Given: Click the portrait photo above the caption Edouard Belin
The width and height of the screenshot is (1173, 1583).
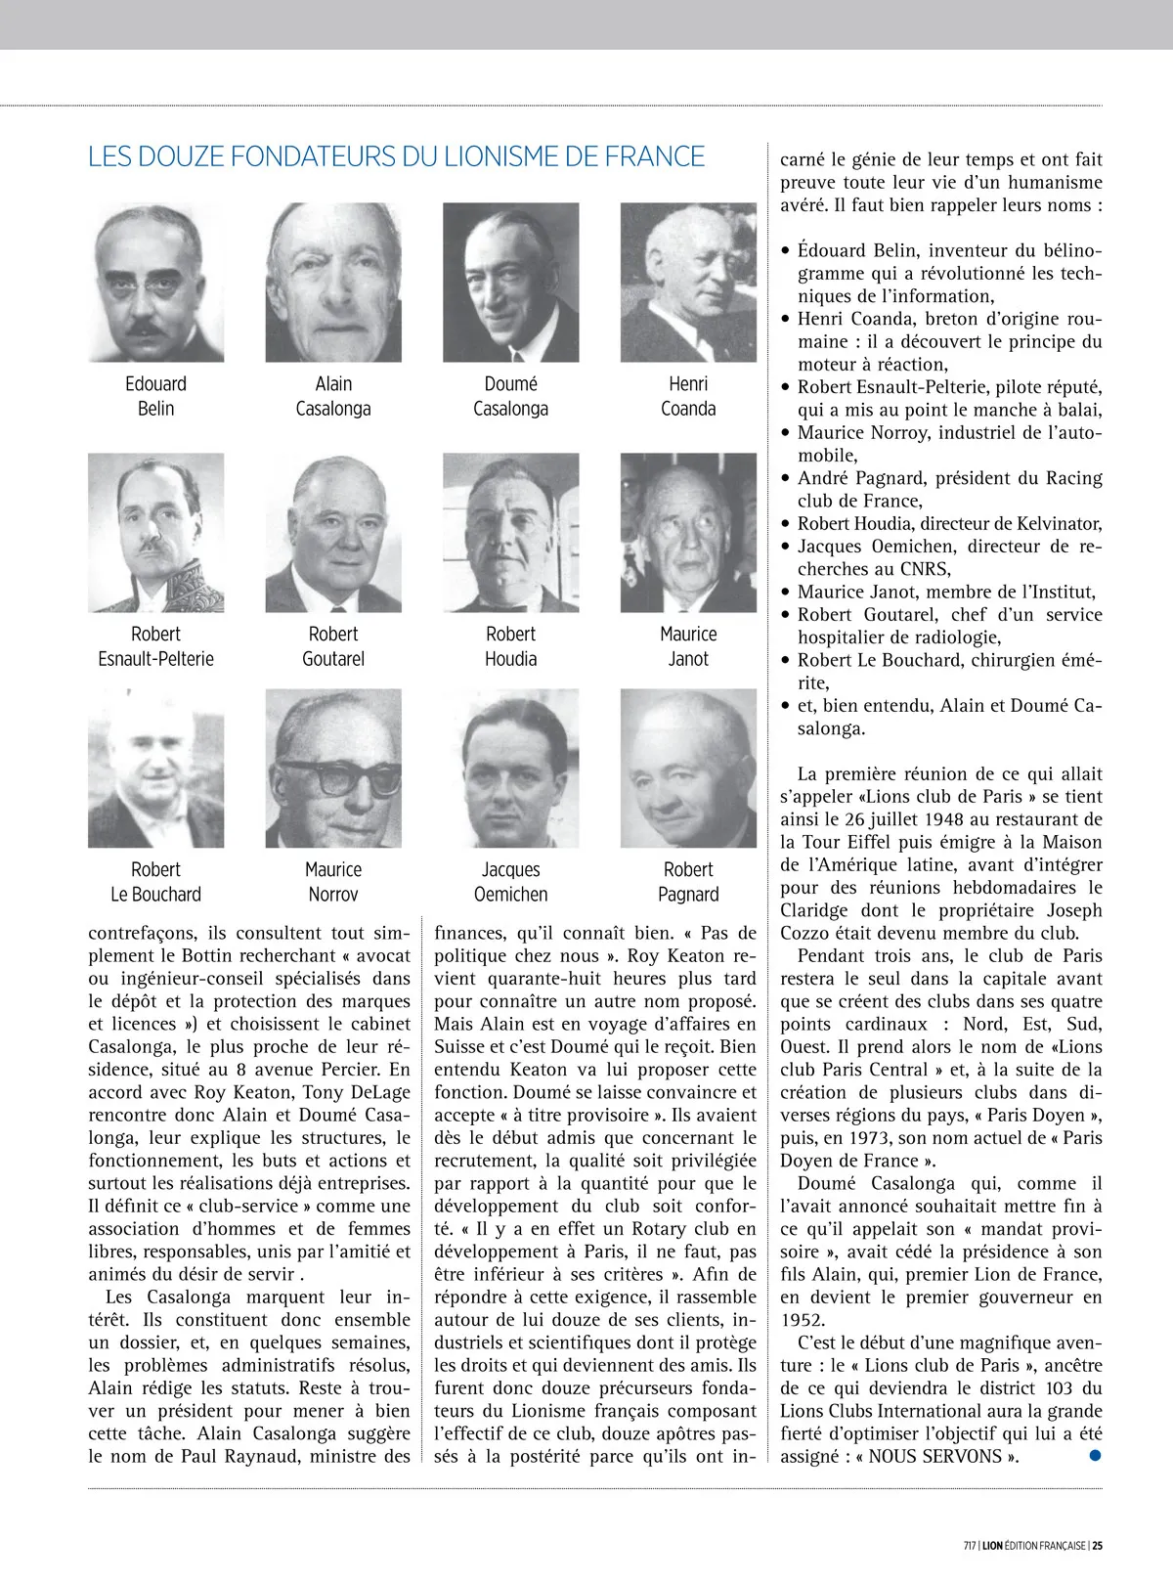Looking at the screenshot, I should pos(155,283).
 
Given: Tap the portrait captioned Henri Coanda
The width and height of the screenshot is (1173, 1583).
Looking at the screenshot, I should pos(688,283).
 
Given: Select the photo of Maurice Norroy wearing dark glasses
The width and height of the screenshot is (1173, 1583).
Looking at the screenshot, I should pos(333,769).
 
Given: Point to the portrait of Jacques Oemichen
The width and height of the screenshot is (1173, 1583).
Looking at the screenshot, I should pos(510,769).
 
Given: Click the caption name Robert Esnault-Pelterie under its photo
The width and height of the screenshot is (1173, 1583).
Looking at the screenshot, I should pos(155,646).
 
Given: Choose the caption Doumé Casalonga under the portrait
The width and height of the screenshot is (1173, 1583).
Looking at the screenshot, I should pos(510,396).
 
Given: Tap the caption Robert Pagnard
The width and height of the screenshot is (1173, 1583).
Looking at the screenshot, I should pos(688,882).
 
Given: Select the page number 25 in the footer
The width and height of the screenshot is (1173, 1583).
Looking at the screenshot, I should pos(1098,1546).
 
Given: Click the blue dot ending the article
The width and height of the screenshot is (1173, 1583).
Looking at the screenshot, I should pos(1095,1455).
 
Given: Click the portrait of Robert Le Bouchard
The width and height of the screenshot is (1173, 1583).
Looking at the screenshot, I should pos(155,769).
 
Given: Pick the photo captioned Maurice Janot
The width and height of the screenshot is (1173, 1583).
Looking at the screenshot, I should pos(688,533).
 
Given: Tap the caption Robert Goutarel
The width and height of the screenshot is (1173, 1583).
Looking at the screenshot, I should pos(333,646).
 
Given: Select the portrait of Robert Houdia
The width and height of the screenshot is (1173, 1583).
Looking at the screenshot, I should pos(510,533).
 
